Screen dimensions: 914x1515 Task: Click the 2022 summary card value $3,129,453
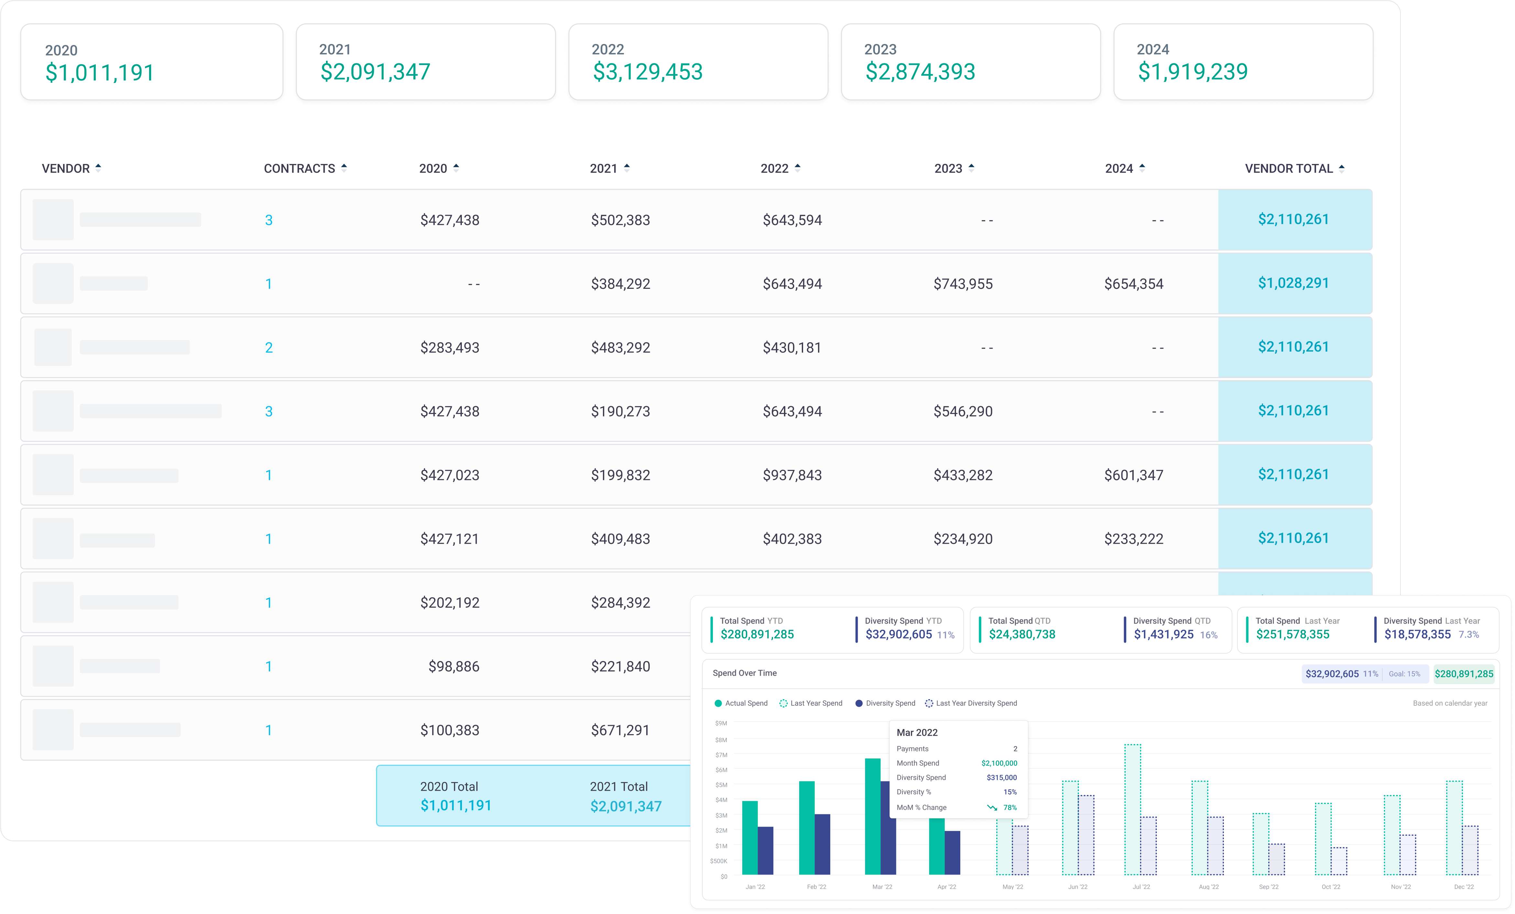tap(648, 72)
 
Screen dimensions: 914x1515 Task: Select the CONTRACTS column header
tap(300, 169)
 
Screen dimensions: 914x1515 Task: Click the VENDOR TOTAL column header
tap(1289, 169)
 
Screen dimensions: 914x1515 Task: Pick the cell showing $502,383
tap(620, 220)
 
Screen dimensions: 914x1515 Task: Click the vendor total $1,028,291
tap(1293, 283)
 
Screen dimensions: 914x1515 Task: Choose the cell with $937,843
tap(792, 475)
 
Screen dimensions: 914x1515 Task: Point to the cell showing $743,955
tap(963, 284)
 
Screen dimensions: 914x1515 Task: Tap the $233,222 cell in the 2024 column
tap(1133, 539)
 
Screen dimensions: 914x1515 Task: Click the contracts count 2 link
tap(269, 348)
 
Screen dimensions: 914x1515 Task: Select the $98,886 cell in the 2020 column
tap(454, 666)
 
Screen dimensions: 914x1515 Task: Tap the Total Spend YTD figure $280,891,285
tap(757, 634)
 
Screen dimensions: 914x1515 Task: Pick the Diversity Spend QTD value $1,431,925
tap(1163, 634)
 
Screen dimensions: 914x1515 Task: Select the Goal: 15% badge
tap(1404, 674)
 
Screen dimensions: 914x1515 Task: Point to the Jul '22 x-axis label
tap(1141, 887)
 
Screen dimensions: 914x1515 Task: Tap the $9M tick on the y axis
tap(721, 724)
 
